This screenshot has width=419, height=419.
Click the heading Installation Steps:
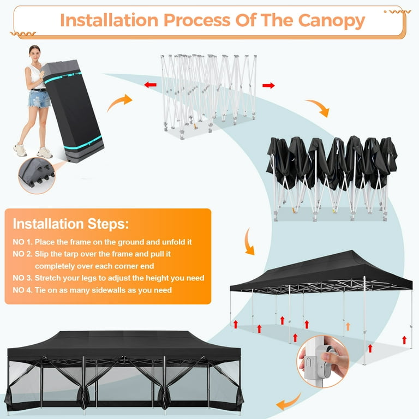(71, 224)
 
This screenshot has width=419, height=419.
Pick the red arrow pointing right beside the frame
(268, 85)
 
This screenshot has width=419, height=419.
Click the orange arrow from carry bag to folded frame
(120, 101)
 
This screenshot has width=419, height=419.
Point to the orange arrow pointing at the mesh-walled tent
(288, 403)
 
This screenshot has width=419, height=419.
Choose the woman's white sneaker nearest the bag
(45, 153)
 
